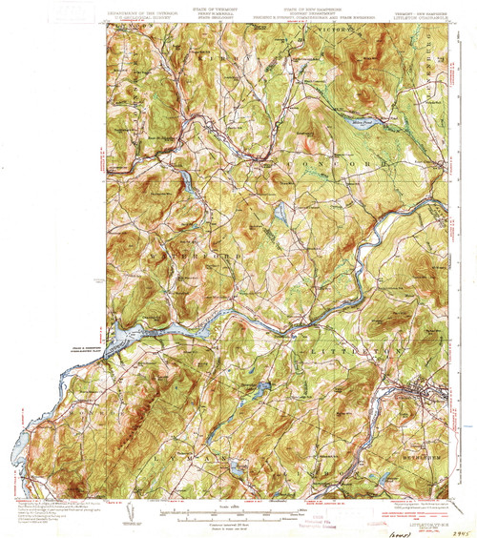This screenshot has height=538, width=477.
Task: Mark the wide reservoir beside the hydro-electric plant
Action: coord(153,330)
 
